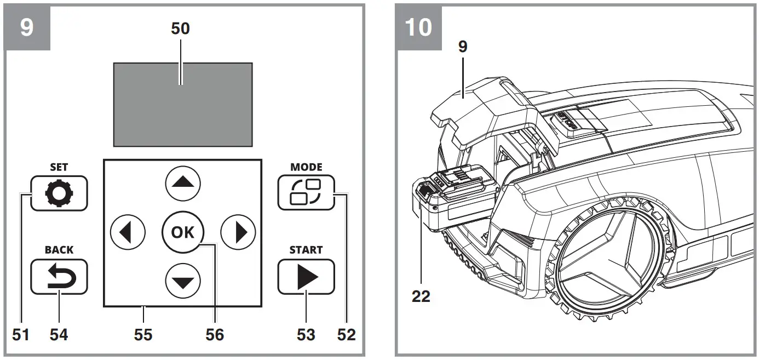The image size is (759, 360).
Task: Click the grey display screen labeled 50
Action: (x=183, y=104)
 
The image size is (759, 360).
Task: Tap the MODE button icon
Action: (x=306, y=193)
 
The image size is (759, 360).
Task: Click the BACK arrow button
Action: (x=59, y=277)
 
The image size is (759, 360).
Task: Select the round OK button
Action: (x=182, y=232)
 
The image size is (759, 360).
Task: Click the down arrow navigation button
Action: (x=183, y=281)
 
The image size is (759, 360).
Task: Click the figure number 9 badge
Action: (x=27, y=26)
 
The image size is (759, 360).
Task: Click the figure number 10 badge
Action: (x=418, y=26)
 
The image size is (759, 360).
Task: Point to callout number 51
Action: (x=20, y=334)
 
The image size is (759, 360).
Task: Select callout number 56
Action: (x=215, y=334)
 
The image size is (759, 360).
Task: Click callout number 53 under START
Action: (x=306, y=334)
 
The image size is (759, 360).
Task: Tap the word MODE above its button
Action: (x=306, y=167)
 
